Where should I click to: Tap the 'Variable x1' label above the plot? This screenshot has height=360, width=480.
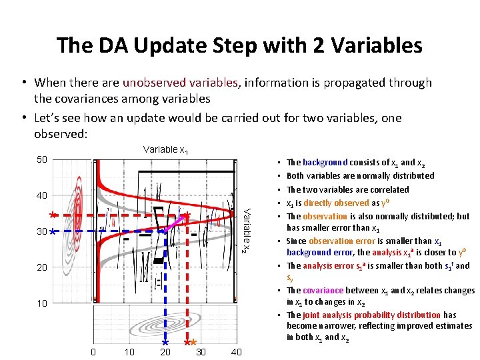(x=165, y=149)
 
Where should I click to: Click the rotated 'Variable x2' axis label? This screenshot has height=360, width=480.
(x=245, y=230)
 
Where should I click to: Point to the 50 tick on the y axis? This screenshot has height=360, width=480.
(x=41, y=160)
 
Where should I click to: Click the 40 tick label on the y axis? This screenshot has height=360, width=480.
(x=41, y=195)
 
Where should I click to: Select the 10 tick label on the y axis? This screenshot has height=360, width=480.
(x=41, y=303)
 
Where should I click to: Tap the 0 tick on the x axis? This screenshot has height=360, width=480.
(x=93, y=352)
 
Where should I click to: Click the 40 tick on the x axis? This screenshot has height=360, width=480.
(x=236, y=352)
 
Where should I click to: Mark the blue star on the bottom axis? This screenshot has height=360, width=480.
(x=165, y=342)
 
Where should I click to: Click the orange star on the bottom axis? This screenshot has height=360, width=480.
(x=192, y=342)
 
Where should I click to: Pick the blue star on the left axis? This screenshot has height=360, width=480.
(x=52, y=231)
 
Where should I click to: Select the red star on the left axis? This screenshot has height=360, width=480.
(x=52, y=215)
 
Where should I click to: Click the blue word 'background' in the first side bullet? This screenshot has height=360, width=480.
(x=325, y=162)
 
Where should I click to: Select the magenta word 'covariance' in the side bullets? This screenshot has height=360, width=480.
(x=324, y=291)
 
